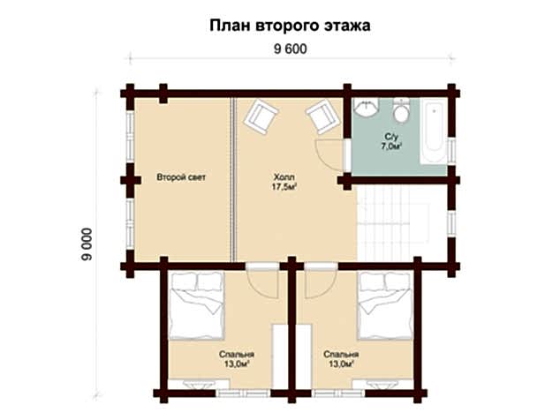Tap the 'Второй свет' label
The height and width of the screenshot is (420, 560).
(x=181, y=177)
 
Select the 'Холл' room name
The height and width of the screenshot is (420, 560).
(x=284, y=177)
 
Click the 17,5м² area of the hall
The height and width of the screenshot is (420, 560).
(x=284, y=187)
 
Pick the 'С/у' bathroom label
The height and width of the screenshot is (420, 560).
(x=393, y=136)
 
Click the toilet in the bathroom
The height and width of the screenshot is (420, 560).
(x=401, y=112)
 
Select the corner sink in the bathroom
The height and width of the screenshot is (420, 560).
(x=364, y=109)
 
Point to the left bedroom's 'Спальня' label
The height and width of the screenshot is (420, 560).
(x=234, y=354)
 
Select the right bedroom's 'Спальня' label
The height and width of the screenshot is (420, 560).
(x=338, y=354)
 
